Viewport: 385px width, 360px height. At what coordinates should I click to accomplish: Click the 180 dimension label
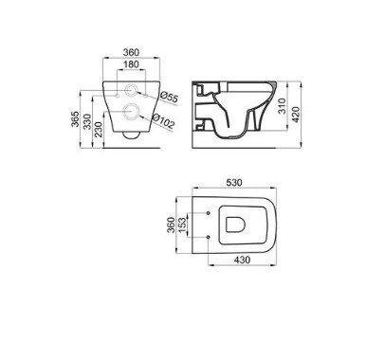tap(131, 64)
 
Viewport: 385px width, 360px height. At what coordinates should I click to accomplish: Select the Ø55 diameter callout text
tap(169, 97)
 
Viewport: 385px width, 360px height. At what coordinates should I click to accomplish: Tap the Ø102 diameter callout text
tap(163, 121)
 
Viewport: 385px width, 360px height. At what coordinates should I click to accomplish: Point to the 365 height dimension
tap(75, 119)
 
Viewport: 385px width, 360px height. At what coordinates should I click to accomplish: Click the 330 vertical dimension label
tap(87, 121)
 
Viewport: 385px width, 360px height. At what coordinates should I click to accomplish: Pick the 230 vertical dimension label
tap(99, 130)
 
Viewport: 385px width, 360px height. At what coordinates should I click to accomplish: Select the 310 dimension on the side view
tap(283, 106)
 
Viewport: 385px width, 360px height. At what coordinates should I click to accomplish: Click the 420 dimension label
tap(296, 115)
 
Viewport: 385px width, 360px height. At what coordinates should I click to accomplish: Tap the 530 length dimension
tap(234, 183)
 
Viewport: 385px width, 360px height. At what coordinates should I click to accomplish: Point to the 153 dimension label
tap(183, 225)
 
